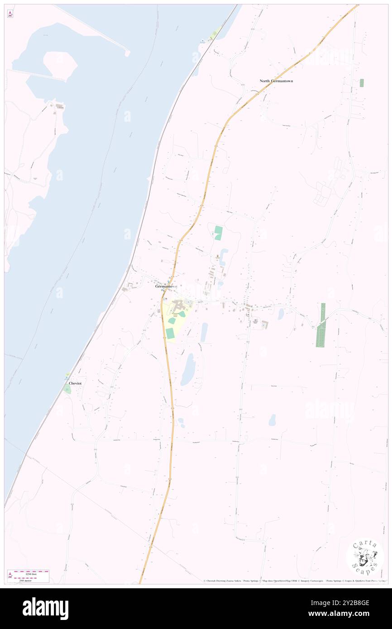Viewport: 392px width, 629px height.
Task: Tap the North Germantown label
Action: pos(276,81)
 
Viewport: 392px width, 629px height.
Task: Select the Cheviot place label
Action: pos(75,383)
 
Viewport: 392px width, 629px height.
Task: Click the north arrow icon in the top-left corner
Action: pos(10,13)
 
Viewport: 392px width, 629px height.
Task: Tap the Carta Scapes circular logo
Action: pos(364,557)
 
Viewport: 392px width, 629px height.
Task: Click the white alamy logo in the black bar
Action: pos(45,608)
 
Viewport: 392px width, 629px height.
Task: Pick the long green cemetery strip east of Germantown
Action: pos(321,326)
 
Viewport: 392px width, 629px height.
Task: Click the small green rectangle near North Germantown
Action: pos(362,83)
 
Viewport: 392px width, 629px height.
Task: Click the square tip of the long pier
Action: pos(128,53)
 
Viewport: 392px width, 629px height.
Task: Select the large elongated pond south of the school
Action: pos(188,369)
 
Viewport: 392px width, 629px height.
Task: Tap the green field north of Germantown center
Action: pos(219,233)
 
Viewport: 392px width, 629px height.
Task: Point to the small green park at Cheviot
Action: pos(67,390)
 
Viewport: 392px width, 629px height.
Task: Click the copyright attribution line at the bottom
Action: pos(294,581)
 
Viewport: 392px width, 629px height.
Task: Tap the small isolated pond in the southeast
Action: pos(272,420)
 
